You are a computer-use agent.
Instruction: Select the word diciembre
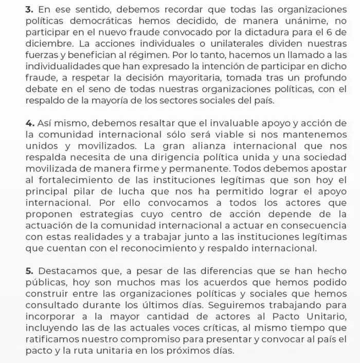pos(48,44)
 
